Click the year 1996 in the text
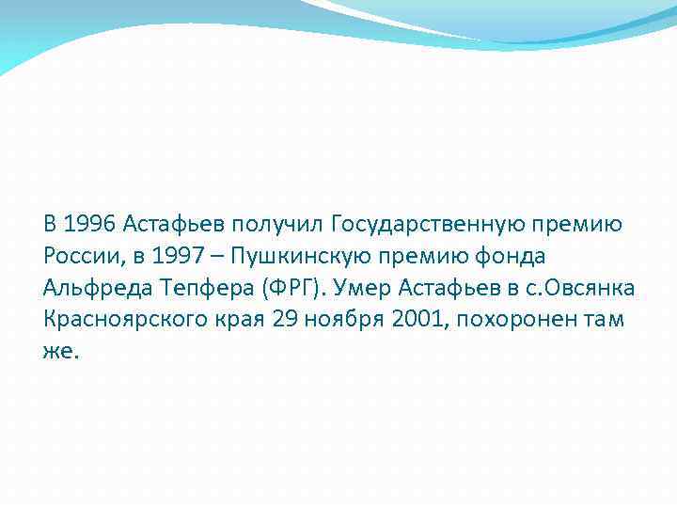[x=90, y=224]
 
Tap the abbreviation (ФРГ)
[x=294, y=286]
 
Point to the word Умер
[x=368, y=286]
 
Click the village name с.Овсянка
[x=575, y=286]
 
